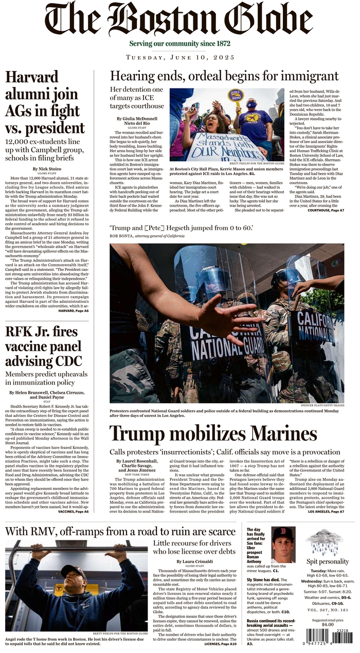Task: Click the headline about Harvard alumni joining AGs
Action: click(x=45, y=103)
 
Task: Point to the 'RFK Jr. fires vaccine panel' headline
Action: click(x=44, y=346)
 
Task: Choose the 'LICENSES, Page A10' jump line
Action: click(x=221, y=643)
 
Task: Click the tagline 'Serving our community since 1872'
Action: click(x=179, y=44)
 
